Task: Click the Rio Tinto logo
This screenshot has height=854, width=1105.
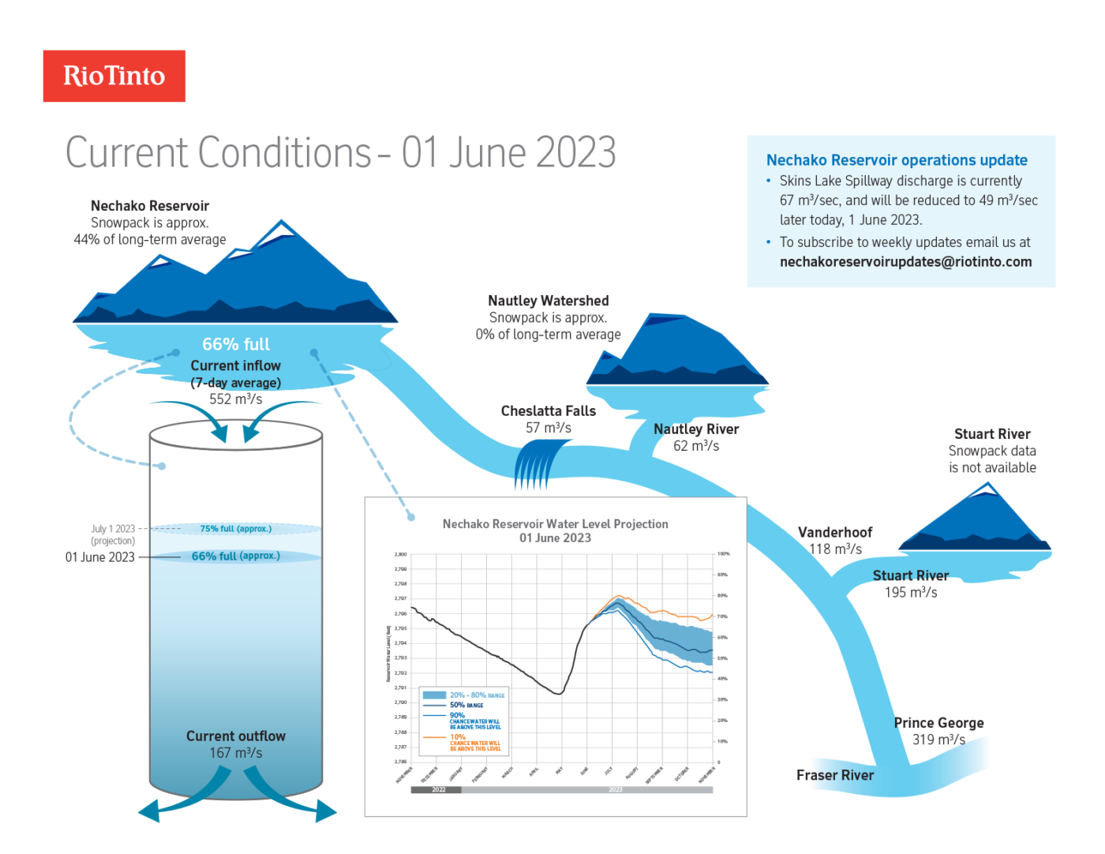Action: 114,76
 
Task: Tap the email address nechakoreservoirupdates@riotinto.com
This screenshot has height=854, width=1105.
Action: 905,262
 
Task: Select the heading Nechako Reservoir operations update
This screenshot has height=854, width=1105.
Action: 897,160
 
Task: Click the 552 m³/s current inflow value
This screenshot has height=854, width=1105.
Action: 235,399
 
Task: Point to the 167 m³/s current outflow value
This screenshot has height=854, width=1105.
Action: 235,753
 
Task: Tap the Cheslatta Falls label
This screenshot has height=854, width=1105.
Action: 548,411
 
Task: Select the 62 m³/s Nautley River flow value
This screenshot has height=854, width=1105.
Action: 695,446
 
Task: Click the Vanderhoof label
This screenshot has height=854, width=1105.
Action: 834,533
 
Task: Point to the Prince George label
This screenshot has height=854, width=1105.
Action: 938,723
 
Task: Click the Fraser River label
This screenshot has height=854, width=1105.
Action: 834,776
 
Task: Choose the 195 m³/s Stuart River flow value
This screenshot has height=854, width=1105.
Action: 910,593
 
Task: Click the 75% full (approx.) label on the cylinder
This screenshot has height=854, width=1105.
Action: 235,529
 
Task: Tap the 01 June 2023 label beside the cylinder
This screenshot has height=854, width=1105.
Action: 99,557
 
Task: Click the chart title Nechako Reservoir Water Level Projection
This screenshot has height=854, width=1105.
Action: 555,524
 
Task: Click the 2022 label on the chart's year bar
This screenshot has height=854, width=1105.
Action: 438,789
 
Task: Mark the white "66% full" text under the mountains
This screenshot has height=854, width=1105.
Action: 235,345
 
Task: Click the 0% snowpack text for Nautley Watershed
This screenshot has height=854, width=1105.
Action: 548,335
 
